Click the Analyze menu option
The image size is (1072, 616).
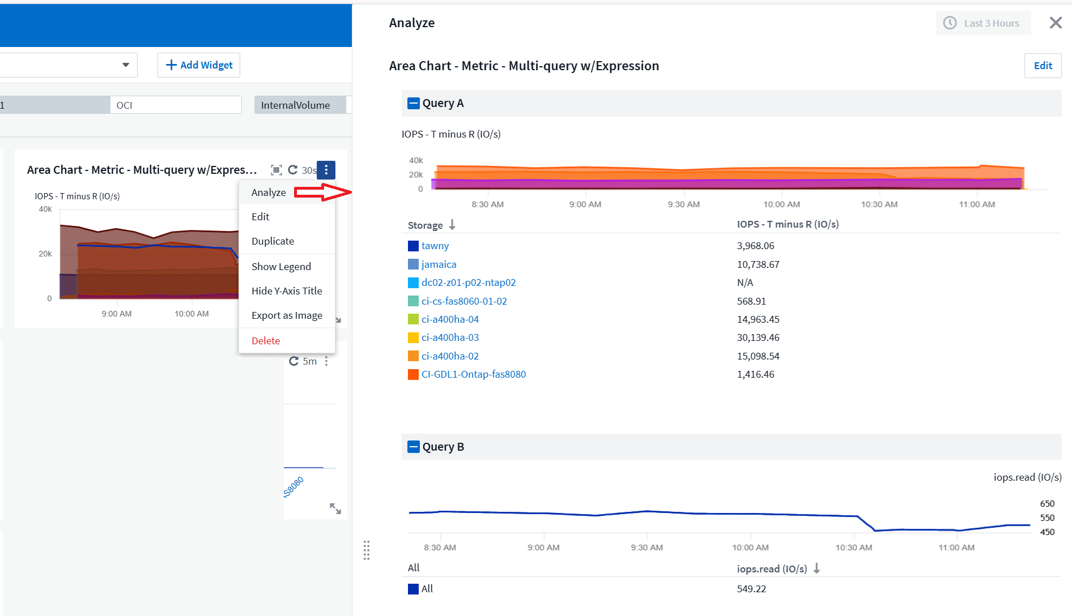pos(269,192)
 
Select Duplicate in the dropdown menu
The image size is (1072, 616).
pos(273,241)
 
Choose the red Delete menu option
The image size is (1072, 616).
pos(266,341)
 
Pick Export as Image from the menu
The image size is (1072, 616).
pos(287,315)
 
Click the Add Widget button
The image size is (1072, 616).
pos(199,65)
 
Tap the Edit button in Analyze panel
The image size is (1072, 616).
pos(1043,66)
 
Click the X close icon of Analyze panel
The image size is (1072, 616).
pos(1055,23)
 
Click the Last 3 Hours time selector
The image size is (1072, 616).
pos(983,23)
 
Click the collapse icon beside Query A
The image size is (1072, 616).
pos(414,103)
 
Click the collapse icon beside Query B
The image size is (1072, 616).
pos(414,447)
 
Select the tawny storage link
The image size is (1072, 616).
pos(435,246)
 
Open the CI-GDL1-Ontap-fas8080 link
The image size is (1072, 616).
pos(473,374)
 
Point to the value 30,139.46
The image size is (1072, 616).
pos(758,337)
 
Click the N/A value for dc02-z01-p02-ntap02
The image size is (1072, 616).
pos(745,283)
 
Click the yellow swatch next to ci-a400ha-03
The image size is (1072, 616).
pos(413,338)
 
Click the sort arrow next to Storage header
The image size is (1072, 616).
pos(452,225)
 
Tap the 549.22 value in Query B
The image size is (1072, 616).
pos(751,589)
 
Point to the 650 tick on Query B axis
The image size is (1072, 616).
pos(1047,503)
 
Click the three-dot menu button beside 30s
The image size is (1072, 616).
pos(326,170)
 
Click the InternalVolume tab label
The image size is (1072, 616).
pos(295,105)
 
